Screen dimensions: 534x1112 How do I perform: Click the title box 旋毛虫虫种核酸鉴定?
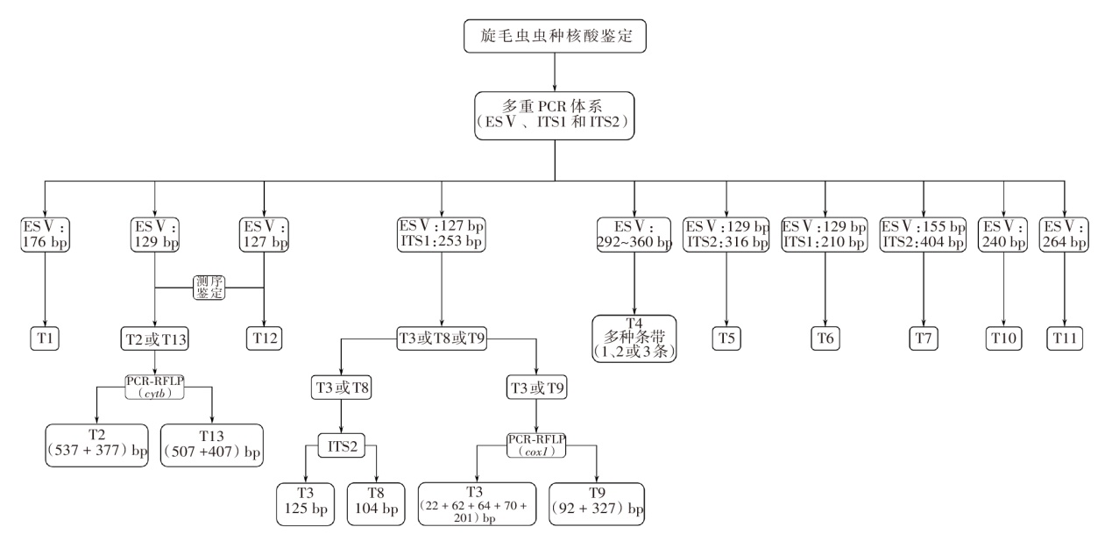[556, 36]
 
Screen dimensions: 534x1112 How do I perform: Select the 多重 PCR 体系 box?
[556, 115]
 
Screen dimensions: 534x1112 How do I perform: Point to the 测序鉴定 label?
[210, 287]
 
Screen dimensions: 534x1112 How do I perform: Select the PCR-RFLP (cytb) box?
[154, 388]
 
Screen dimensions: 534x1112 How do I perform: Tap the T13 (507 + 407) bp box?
[211, 445]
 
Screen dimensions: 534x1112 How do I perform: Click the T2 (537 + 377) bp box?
[96, 445]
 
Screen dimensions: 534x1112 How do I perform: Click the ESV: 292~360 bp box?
[634, 232]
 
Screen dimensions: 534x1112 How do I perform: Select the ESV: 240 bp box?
[1002, 232]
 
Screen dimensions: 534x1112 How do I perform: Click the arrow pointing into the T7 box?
[924, 321]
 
